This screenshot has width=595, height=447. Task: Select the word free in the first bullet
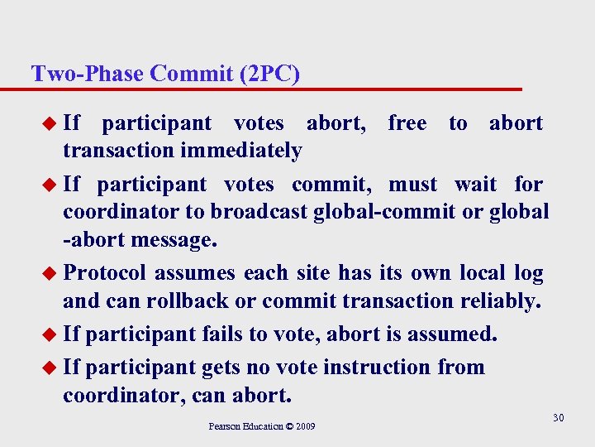click(407, 123)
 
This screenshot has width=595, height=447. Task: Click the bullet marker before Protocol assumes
click(50, 272)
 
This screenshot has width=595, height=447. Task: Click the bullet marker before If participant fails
click(50, 334)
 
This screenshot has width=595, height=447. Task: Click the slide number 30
click(559, 418)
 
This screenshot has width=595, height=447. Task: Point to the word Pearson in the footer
click(225, 427)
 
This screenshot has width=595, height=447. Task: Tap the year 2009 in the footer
click(305, 427)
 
